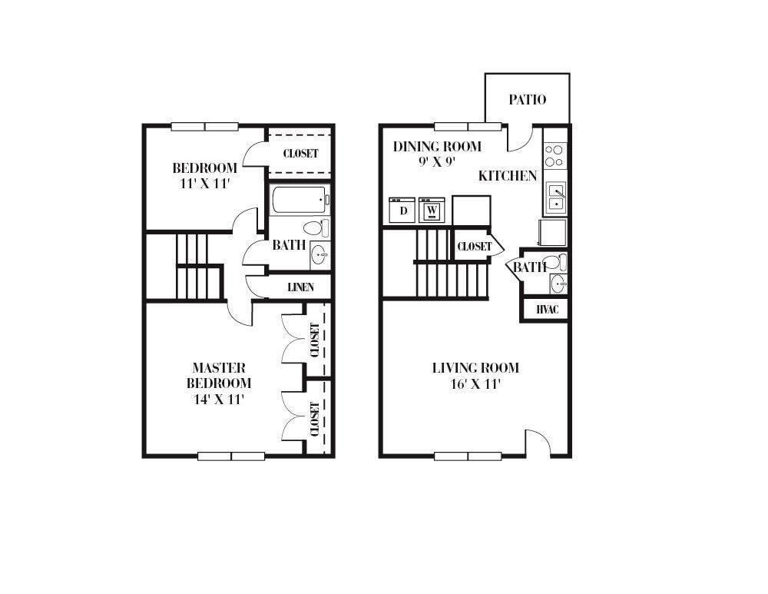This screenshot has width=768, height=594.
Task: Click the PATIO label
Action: pyautogui.click(x=528, y=100)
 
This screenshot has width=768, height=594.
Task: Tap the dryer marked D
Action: pyautogui.click(x=402, y=210)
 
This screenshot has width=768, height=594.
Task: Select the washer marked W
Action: pyautogui.click(x=432, y=210)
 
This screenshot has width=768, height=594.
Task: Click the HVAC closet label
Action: pyautogui.click(x=547, y=310)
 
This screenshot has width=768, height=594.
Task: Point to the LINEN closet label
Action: pyautogui.click(x=300, y=287)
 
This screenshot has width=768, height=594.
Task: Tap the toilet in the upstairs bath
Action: pyautogui.click(x=316, y=228)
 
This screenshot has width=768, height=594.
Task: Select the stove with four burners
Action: pyautogui.click(x=554, y=156)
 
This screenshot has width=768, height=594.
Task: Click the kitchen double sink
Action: pyautogui.click(x=555, y=197)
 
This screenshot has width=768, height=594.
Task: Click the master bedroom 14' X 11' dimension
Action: pyautogui.click(x=220, y=399)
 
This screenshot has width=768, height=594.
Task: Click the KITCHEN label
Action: pyautogui.click(x=508, y=176)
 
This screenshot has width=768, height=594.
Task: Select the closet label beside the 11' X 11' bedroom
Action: pyautogui.click(x=300, y=154)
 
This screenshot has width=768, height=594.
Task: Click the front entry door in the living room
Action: pyautogui.click(x=538, y=444)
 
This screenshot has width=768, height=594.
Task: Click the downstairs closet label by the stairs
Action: pyautogui.click(x=474, y=247)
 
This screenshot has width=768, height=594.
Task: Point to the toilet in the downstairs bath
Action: pyautogui.click(x=557, y=261)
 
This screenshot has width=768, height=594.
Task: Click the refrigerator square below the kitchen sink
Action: pyautogui.click(x=553, y=232)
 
